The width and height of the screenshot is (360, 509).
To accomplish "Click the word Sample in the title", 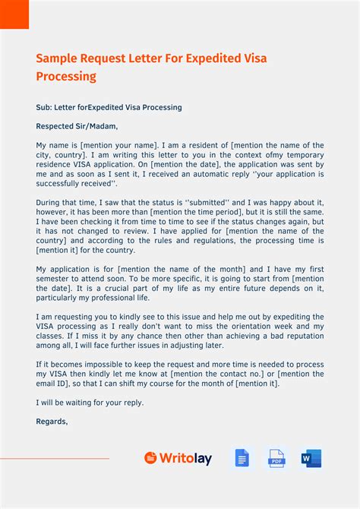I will tap(60, 58).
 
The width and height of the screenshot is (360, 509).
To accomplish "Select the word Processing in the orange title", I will tap(66, 77).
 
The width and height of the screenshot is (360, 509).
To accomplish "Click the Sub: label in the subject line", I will tap(44, 107).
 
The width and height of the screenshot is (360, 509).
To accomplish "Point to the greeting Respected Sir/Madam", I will tap(77, 126).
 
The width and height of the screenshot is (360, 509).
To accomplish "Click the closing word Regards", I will tap(52, 421).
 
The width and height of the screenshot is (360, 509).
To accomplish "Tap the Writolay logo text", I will tap(186, 458).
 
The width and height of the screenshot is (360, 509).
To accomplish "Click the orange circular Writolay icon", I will tap(150, 458).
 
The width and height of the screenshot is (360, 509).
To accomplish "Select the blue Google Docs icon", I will tap(242, 458).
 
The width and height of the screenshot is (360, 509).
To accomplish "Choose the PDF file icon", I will tap(276, 458).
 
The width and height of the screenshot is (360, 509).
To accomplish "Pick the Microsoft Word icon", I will tap(311, 458).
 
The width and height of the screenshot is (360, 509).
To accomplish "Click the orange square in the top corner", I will tap(14, 14).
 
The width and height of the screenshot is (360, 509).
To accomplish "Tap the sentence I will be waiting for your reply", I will tap(90, 403).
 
